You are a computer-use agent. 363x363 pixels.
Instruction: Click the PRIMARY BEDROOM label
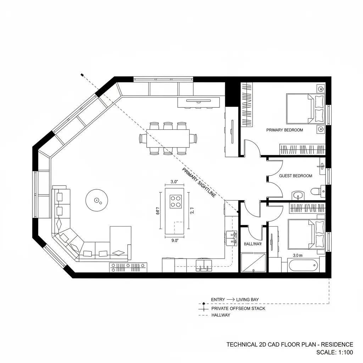[x=284, y=130]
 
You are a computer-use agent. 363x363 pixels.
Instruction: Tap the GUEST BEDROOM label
[x=296, y=176]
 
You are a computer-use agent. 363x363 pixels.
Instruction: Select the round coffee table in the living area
[x=96, y=201]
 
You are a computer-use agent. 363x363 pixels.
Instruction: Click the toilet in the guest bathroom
[x=315, y=192]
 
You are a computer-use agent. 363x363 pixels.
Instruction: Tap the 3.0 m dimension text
[x=298, y=255]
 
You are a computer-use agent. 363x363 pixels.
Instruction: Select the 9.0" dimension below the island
[x=175, y=240]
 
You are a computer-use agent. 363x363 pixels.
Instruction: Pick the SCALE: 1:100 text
[x=334, y=352]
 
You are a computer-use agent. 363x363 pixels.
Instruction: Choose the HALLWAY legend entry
[x=220, y=315]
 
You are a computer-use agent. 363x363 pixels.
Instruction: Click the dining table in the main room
[x=167, y=138]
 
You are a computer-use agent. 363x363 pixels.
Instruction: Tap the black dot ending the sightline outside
[x=82, y=75]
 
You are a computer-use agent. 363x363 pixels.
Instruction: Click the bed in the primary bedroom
[x=305, y=108]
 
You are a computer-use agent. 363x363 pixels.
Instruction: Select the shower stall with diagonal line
[x=253, y=262]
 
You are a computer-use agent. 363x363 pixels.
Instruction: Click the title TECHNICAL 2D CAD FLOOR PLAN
[x=290, y=345]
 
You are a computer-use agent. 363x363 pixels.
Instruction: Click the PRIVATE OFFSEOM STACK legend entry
[x=238, y=308]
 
